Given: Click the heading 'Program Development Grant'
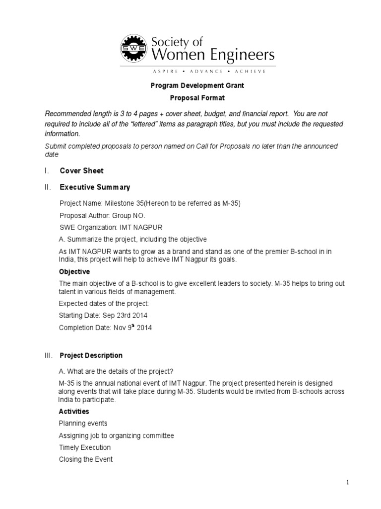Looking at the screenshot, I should coord(197,85).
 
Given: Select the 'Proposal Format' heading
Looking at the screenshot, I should coord(197,98).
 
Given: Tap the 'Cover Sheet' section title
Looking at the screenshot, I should coord(81,170).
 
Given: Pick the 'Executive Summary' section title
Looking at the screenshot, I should coord(95,187).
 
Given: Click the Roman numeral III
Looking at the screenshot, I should coord(48,355).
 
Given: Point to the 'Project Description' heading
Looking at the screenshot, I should coord(91,355).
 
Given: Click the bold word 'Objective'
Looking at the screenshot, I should coord(74,272).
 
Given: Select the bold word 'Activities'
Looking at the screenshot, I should coord(74,412).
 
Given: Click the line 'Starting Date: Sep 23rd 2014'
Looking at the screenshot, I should coord(103,315).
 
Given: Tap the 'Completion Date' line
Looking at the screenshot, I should coord(105,328).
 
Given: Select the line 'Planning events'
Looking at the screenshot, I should coord(83,424).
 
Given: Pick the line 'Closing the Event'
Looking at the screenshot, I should coord(86,459).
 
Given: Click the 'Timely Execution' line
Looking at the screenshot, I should coord(85,447).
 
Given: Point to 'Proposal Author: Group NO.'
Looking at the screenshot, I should coord(103,216).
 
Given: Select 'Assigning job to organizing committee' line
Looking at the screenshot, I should coord(117,435).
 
